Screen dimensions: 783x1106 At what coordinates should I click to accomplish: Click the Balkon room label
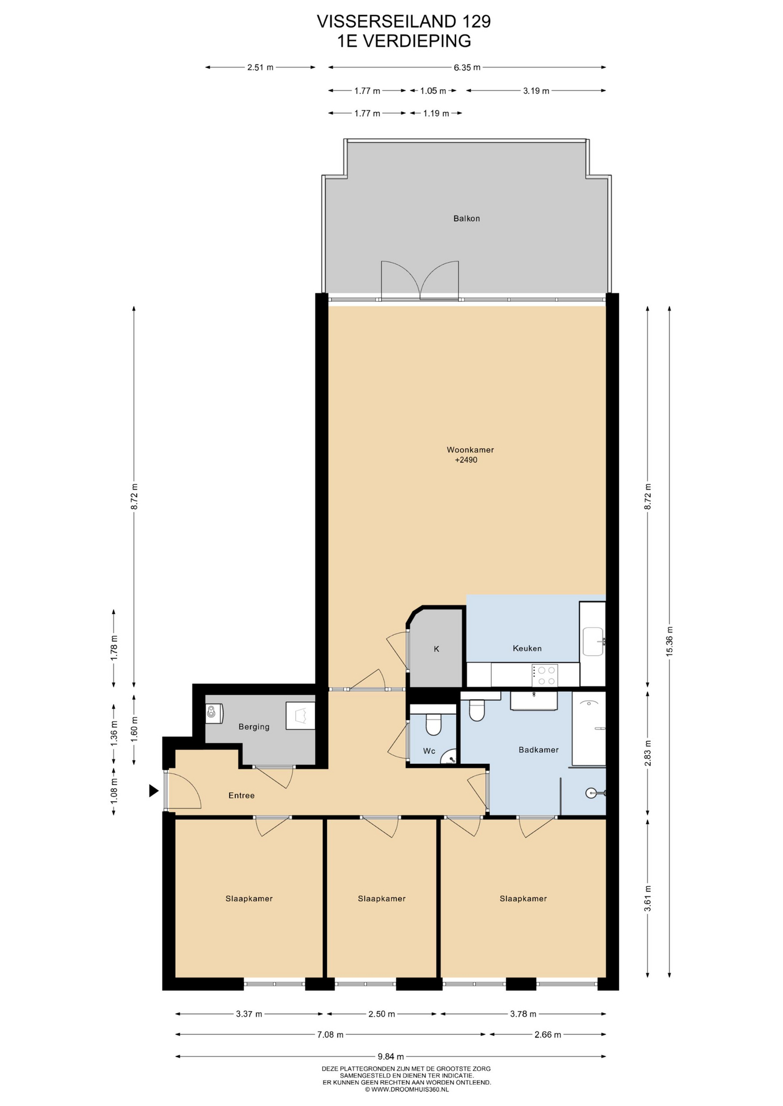(466, 218)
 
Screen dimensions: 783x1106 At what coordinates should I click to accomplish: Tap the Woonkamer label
(470, 450)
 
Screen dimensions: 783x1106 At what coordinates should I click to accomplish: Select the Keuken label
(527, 648)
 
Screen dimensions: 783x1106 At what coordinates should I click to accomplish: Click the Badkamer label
(539, 749)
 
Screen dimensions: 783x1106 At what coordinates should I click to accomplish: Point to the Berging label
(254, 727)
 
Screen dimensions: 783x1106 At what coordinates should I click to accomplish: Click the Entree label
(241, 796)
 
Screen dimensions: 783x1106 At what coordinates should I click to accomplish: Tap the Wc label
(429, 751)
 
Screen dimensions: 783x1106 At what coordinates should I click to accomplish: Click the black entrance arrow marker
(153, 791)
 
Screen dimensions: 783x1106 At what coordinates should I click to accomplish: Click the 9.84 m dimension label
(391, 1056)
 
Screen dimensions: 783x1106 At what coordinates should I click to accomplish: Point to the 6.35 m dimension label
(467, 67)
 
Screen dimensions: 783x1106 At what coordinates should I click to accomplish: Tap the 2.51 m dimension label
(260, 67)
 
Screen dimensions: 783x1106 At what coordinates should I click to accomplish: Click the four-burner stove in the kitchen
(545, 675)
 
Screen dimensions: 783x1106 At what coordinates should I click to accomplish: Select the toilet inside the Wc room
(433, 725)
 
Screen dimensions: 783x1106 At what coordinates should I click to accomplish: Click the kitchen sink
(593, 642)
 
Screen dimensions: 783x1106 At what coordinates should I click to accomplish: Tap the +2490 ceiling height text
(466, 460)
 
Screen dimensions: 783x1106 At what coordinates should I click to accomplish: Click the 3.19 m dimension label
(536, 90)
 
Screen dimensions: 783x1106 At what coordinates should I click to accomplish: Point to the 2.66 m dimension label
(548, 1035)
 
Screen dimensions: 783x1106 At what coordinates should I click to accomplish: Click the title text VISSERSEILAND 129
(404, 21)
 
